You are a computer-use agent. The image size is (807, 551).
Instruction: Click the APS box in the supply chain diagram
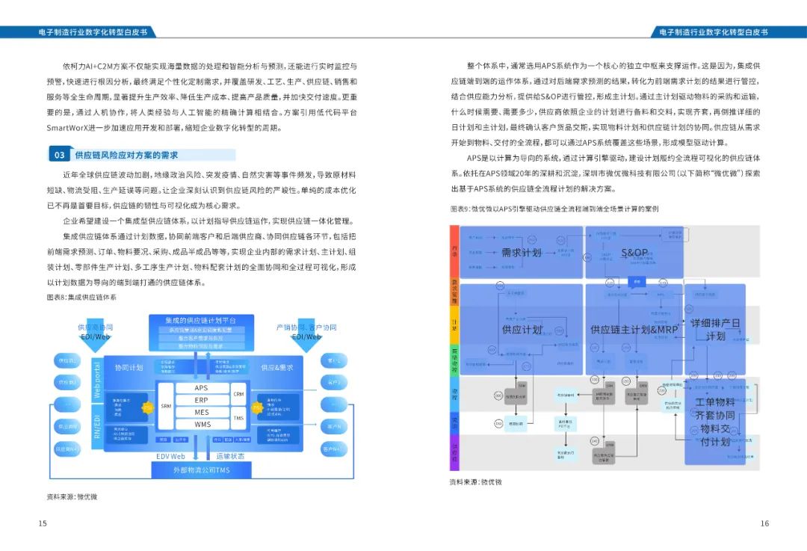[x=201, y=388]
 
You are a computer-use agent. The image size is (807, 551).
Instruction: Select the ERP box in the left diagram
[x=201, y=400]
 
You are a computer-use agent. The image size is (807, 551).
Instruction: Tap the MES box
[x=201, y=412]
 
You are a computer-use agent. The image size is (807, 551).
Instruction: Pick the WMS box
[x=202, y=424]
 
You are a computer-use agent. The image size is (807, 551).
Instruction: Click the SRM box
[x=166, y=406]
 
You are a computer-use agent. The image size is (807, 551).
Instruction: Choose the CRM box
[x=238, y=394]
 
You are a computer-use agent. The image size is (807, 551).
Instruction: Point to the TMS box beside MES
[x=238, y=419]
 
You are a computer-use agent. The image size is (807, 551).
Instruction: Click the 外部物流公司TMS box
[x=202, y=470]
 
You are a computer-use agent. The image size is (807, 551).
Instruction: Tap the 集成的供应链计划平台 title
[x=201, y=320]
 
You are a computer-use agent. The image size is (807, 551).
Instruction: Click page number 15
[x=43, y=523]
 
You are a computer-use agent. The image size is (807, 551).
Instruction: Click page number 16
[x=764, y=523]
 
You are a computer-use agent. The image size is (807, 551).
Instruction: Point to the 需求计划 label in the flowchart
[x=521, y=253]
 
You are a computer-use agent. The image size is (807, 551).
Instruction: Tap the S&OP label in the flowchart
[x=635, y=253]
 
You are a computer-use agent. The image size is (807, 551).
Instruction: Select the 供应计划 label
[x=521, y=329]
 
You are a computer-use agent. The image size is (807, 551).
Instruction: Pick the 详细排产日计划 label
[x=715, y=329]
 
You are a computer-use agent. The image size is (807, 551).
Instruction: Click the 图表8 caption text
[x=81, y=297]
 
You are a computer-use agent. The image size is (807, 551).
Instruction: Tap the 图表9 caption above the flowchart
[x=554, y=209]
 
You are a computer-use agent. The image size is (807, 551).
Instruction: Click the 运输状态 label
[x=230, y=456]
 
